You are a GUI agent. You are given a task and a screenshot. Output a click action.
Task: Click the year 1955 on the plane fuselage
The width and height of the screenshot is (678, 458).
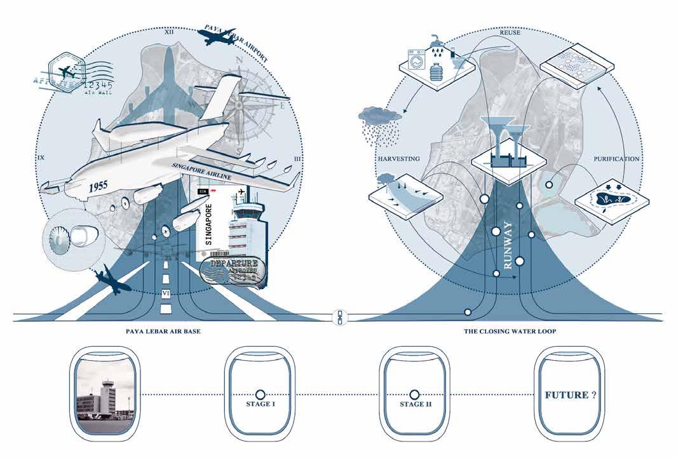tap(99, 186)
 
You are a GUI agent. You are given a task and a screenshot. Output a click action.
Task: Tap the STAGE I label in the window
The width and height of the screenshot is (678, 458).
tap(260, 404)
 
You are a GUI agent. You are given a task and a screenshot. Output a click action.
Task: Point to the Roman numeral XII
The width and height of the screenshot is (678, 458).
tap(169, 30)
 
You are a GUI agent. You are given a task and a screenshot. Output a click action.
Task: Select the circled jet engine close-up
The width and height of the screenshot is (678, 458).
tap(66, 236)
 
